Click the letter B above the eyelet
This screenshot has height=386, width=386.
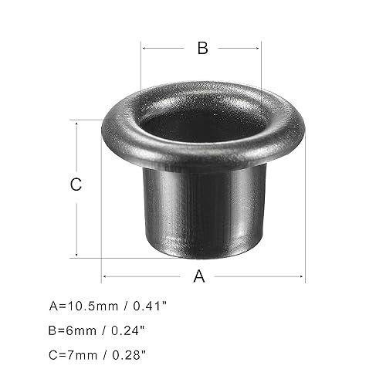pyautogui.click(x=202, y=48)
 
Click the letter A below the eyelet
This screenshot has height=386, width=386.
pyautogui.click(x=199, y=276)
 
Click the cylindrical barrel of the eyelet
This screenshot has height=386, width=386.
pyautogui.click(x=202, y=208)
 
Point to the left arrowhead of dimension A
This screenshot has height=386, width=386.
pyautogui.click(x=104, y=276)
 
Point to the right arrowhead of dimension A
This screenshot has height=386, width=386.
pyautogui.click(x=303, y=276)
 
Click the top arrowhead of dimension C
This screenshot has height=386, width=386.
pyautogui.click(x=76, y=122)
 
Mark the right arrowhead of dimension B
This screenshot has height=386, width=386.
pyautogui.click(x=260, y=48)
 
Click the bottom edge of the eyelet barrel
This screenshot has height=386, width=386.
pyautogui.click(x=202, y=255)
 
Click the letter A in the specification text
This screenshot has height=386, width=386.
pyautogui.click(x=53, y=306)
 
